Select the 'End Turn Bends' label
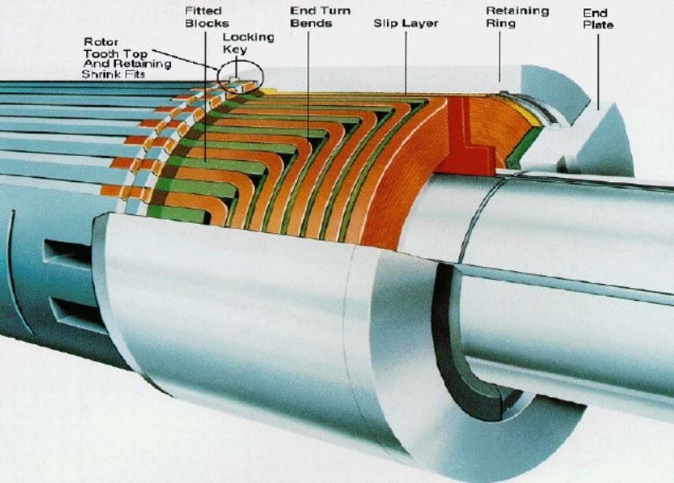tap(312, 17)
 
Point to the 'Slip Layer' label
tap(406, 23)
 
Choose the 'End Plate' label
tap(598, 19)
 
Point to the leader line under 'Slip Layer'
tap(406, 59)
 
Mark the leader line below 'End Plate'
tap(599, 68)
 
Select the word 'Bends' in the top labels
tap(312, 23)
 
